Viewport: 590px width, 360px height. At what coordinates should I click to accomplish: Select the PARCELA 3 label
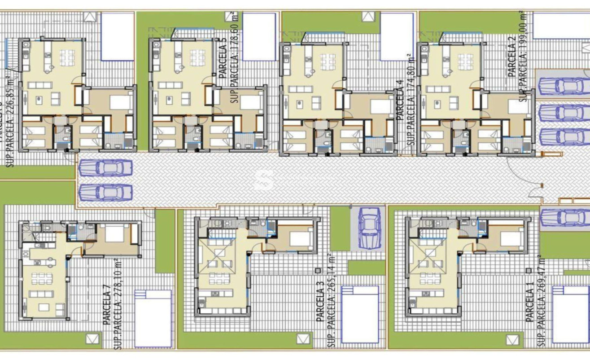pyautogui.click(x=320, y=305)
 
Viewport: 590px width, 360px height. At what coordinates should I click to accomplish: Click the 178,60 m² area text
pyautogui.click(x=235, y=58)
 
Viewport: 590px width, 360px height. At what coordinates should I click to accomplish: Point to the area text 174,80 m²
pyautogui.click(x=410, y=100)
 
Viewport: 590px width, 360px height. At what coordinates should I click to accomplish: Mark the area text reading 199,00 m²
pyautogui.click(x=522, y=56)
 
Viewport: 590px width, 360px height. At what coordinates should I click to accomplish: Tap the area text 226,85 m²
pyautogui.click(x=11, y=121)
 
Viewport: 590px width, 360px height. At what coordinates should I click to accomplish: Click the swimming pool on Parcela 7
pyautogui.click(x=153, y=318)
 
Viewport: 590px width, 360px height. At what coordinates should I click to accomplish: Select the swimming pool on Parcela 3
pyautogui.click(x=360, y=315)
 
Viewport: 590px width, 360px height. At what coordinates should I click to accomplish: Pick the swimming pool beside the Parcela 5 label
pyautogui.click(x=259, y=36)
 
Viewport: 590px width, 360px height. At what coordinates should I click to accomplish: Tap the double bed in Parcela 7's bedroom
pyautogui.click(x=115, y=234)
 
